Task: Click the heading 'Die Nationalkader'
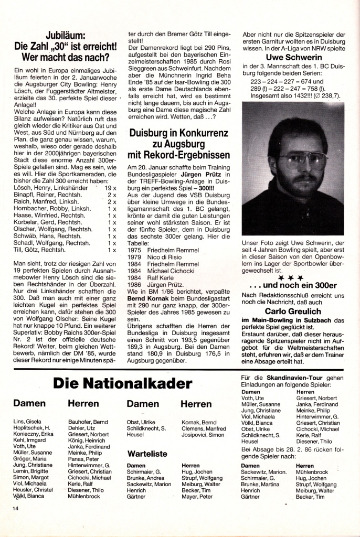[x=122, y=384]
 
